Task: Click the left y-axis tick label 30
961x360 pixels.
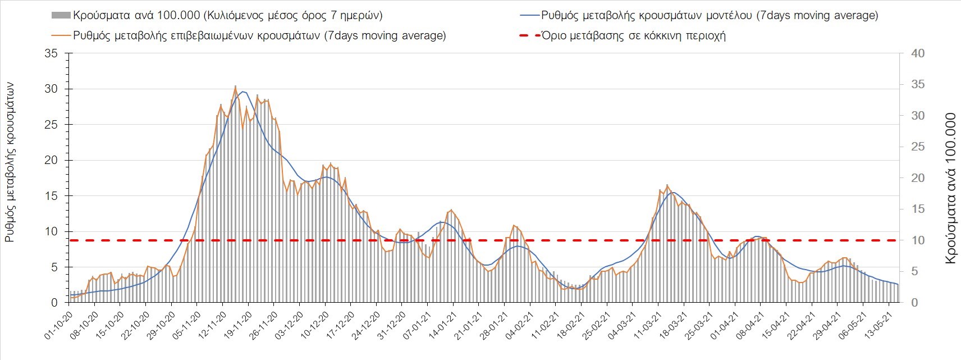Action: [51, 89]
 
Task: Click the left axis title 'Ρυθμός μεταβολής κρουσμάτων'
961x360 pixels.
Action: [10, 163]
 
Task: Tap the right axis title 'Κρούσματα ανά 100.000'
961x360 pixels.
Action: [950, 188]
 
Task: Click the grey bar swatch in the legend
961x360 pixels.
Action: [60, 15]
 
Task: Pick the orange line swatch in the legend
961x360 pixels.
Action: [60, 35]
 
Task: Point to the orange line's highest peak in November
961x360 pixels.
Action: [235, 86]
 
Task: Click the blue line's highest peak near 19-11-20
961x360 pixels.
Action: [242, 92]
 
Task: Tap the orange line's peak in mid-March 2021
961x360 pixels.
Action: [667, 185]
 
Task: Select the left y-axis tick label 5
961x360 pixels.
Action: [54, 267]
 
